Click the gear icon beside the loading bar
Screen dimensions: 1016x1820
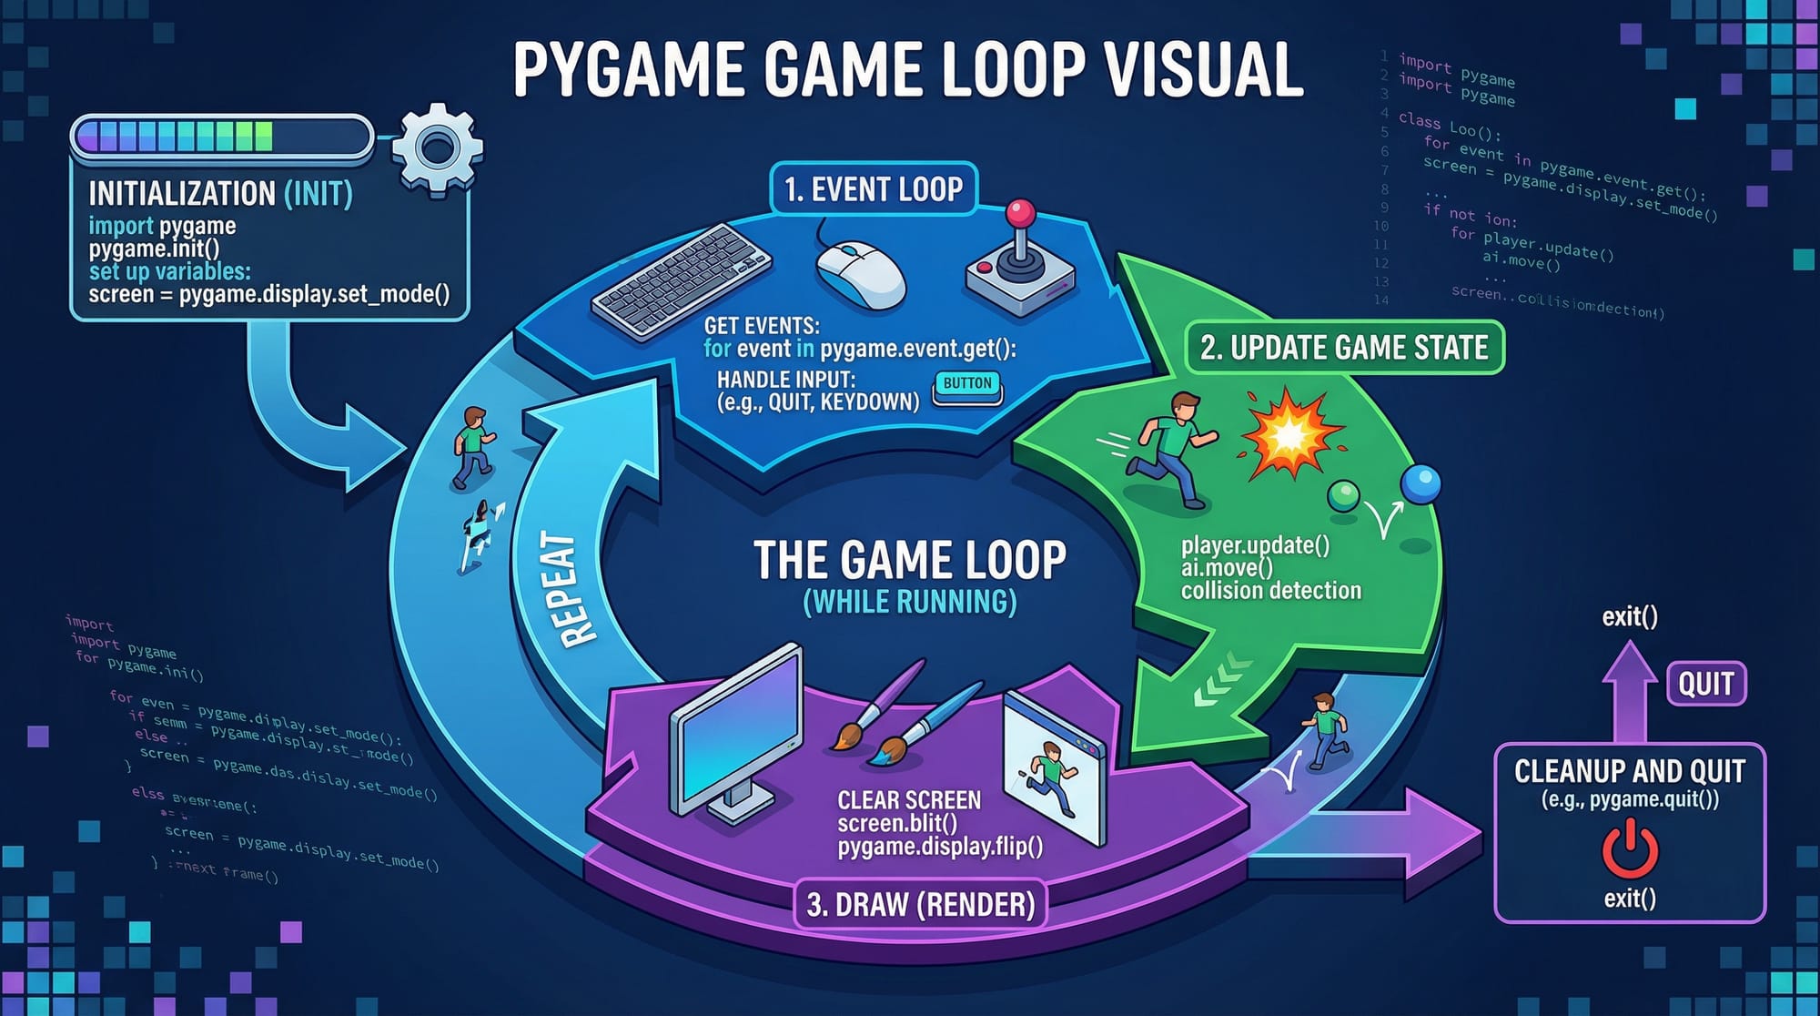click(x=438, y=147)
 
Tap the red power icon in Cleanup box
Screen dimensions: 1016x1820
click(x=1629, y=848)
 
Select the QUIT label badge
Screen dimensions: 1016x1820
click(x=1705, y=684)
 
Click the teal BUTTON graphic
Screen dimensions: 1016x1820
click(x=967, y=385)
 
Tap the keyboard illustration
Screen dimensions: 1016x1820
click(x=682, y=279)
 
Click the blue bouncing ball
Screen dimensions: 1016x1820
click(x=1421, y=483)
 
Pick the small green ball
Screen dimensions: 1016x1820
click(x=1343, y=496)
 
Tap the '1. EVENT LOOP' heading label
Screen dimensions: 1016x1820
click(x=873, y=189)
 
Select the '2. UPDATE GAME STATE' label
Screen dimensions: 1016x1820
click(x=1344, y=348)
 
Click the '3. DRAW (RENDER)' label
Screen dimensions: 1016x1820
click(x=921, y=904)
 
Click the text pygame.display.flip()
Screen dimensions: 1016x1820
click(x=940, y=847)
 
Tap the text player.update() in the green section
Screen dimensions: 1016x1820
click(x=1255, y=545)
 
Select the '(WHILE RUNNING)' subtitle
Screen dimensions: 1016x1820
click(x=910, y=602)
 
